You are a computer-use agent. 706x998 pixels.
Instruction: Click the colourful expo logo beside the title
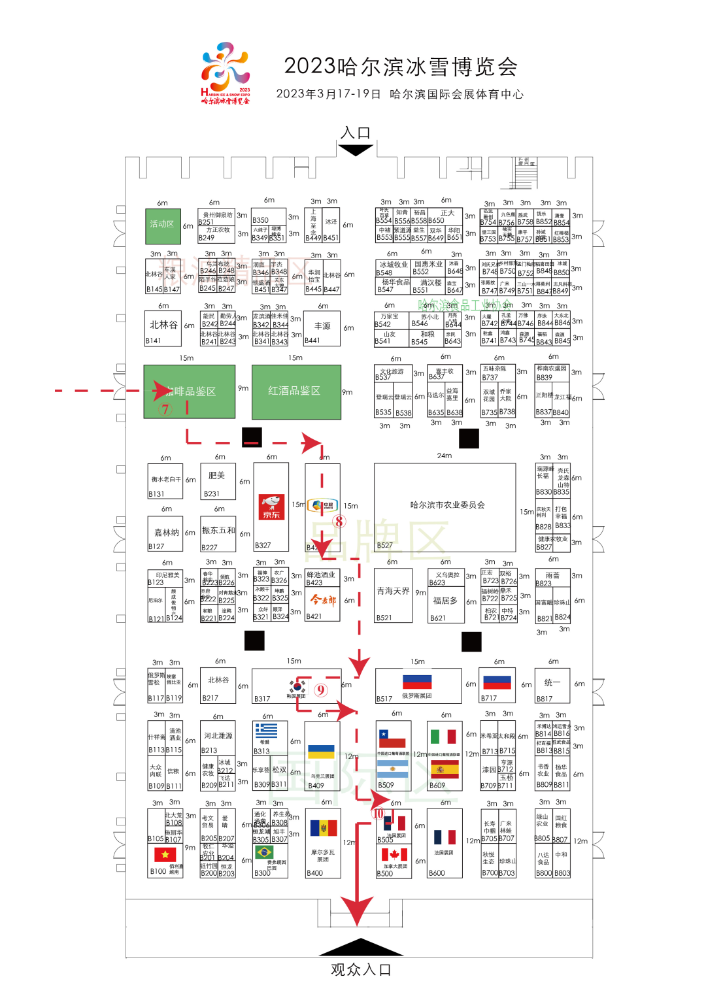[226, 72]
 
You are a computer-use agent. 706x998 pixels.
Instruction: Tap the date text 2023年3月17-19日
[328, 94]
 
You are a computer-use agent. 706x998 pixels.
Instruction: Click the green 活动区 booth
[162, 224]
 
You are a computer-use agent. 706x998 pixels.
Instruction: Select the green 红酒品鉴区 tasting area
[295, 391]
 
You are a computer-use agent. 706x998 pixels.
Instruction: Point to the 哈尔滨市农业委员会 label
[447, 505]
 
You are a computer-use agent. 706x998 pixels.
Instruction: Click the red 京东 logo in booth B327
[271, 507]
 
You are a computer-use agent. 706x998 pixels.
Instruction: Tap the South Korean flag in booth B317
[297, 686]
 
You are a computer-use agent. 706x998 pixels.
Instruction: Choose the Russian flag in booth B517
[417, 682]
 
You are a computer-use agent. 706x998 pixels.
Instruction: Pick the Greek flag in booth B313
[266, 730]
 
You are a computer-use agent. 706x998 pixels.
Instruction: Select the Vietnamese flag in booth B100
[165, 854]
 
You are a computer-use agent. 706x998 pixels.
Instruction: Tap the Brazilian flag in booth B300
[264, 852]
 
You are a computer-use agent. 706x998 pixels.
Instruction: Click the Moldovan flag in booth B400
[322, 829]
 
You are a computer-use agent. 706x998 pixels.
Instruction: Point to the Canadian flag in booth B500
[394, 855]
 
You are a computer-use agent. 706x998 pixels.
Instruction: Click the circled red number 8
[339, 521]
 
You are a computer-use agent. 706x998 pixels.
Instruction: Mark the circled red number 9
[320, 690]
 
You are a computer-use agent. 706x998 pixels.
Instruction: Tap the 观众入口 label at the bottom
[360, 970]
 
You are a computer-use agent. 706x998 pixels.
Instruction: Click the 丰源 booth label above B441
[322, 325]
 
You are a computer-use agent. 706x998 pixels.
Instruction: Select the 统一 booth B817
[552, 685]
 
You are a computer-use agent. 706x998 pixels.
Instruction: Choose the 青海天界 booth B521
[393, 595]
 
